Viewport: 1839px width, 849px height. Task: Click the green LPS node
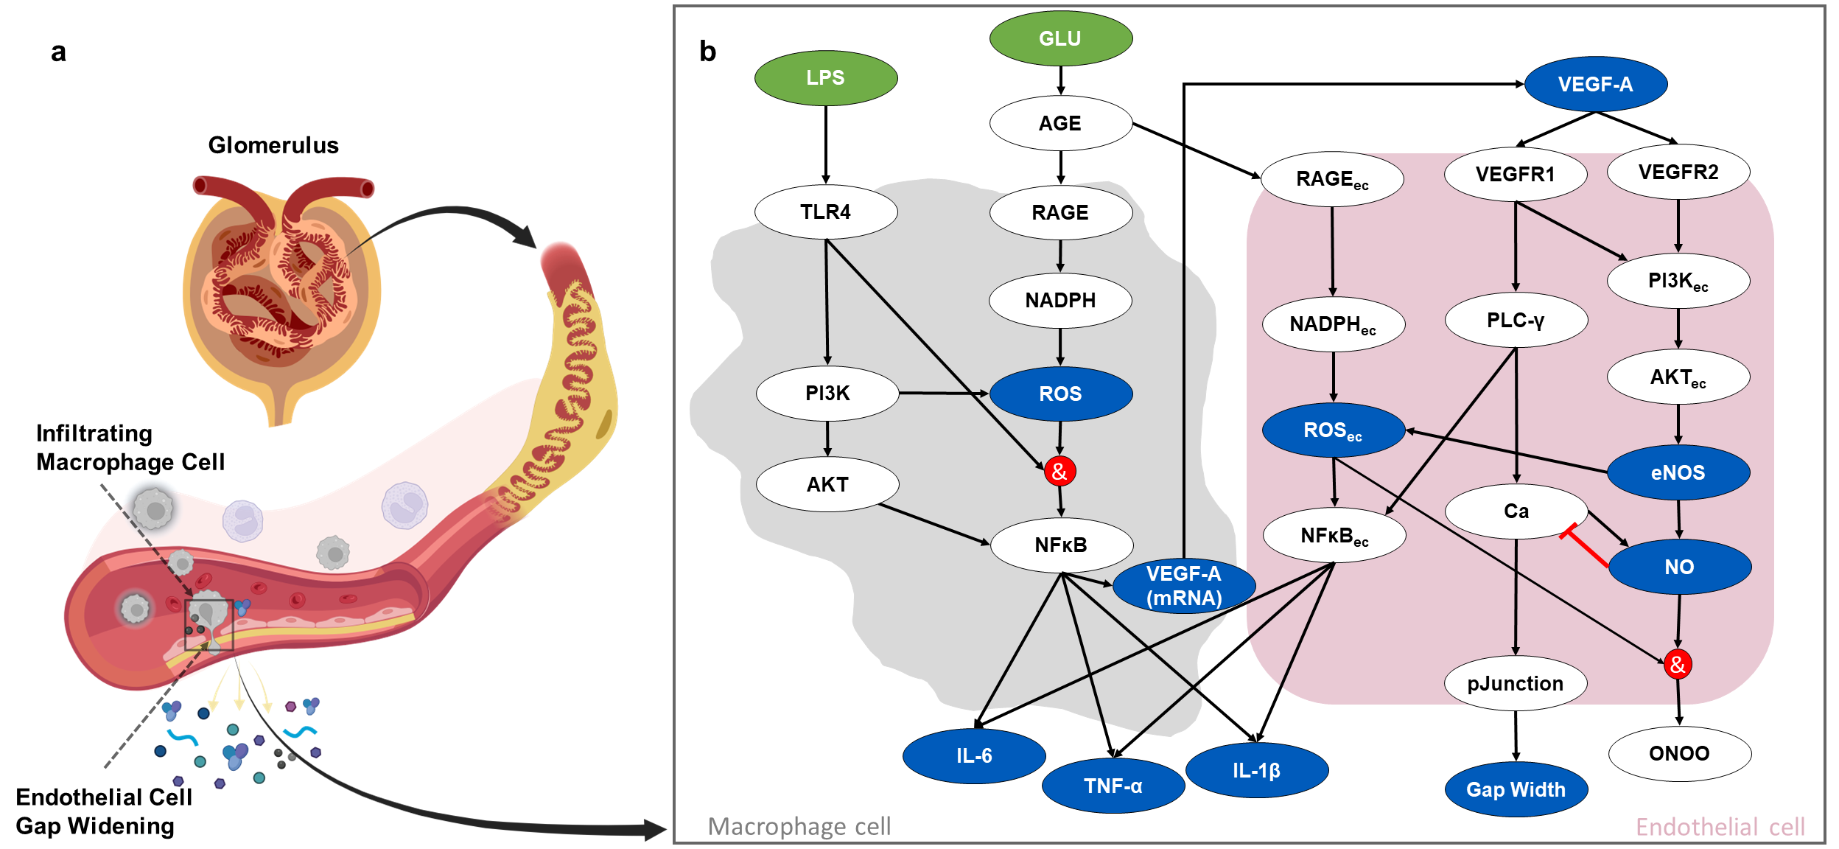click(x=825, y=78)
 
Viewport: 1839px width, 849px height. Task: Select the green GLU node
click(x=1060, y=38)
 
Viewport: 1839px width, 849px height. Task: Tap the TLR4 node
click(x=825, y=212)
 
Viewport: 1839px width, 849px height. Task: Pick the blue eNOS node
click(x=1678, y=472)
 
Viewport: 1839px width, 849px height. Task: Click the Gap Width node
click(x=1516, y=789)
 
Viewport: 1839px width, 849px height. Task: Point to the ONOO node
click(x=1679, y=753)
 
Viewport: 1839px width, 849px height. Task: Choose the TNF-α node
click(x=1113, y=786)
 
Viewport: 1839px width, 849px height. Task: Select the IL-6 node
click(x=973, y=755)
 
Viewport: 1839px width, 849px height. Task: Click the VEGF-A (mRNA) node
click(x=1183, y=586)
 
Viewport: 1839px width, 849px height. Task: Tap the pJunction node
click(x=1515, y=683)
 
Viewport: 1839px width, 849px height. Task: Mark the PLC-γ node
click(x=1516, y=320)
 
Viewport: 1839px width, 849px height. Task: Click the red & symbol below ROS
click(x=1059, y=472)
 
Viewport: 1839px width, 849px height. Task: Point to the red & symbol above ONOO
click(x=1677, y=665)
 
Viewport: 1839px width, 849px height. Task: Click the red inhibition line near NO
click(x=1586, y=546)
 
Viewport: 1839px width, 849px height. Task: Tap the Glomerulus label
click(x=273, y=145)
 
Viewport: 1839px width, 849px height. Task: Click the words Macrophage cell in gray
click(x=799, y=826)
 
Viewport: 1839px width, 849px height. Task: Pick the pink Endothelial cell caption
click(x=1720, y=827)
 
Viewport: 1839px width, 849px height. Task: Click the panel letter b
click(x=707, y=52)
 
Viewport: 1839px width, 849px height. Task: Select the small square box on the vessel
click(x=209, y=624)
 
